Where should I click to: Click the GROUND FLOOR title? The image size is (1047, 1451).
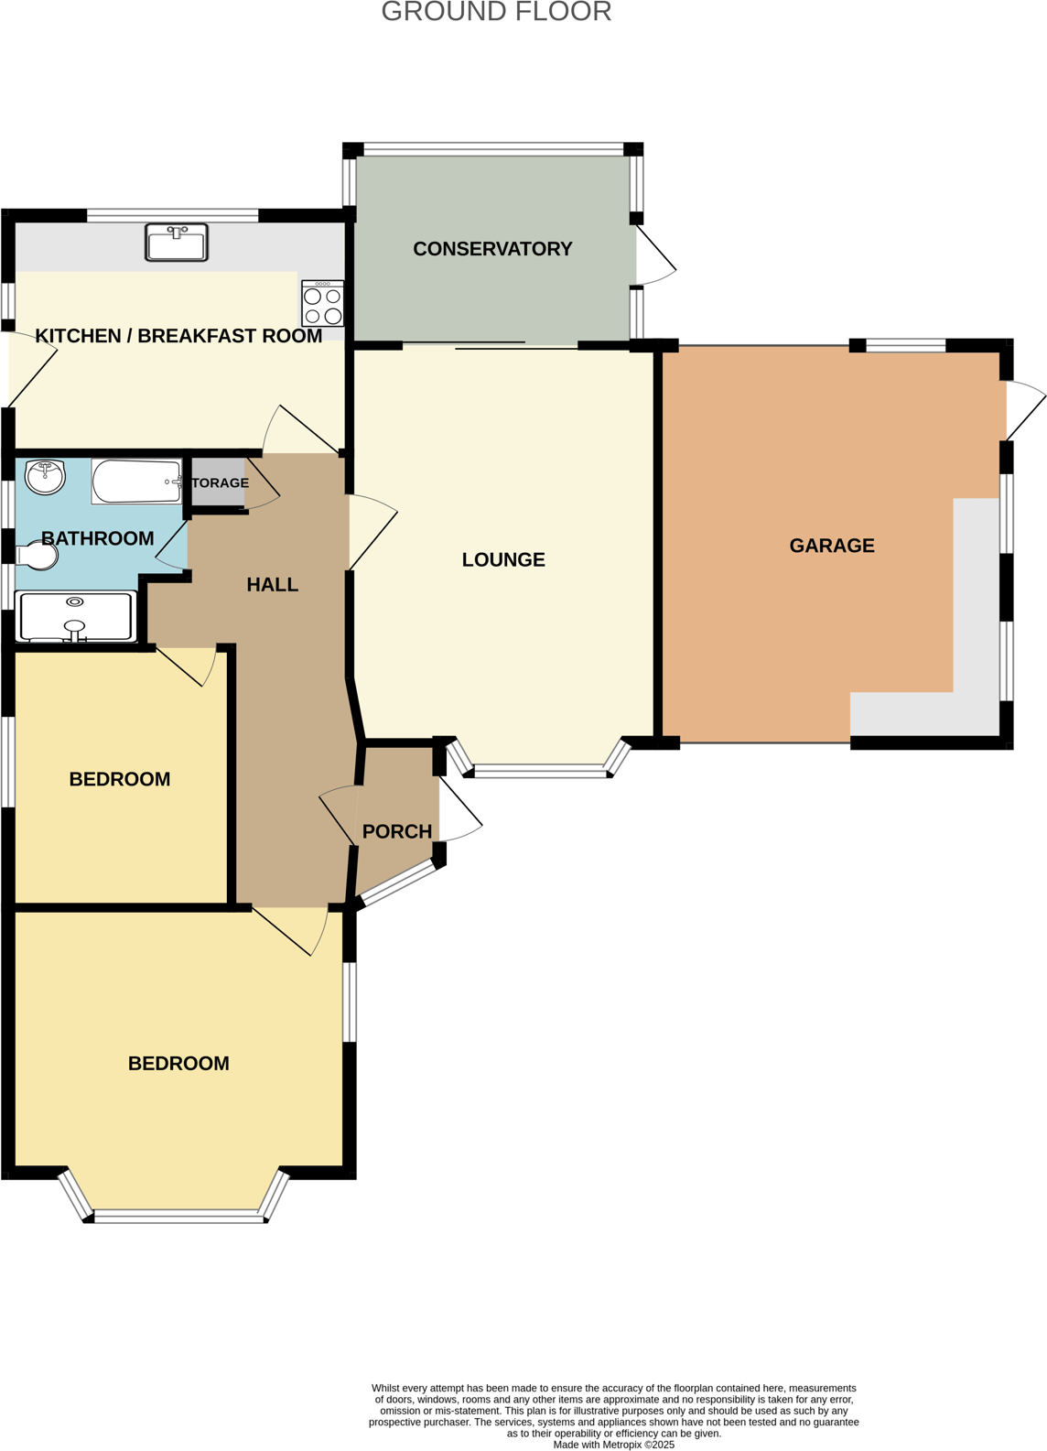tap(496, 12)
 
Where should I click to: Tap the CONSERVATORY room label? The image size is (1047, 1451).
tap(492, 249)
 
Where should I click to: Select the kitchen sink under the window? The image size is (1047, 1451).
tap(177, 243)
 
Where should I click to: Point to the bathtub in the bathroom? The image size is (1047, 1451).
tap(136, 482)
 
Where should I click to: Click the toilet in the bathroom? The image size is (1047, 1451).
tap(38, 556)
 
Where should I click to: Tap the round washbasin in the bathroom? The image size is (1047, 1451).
tap(45, 476)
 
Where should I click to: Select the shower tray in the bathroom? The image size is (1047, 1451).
tap(77, 616)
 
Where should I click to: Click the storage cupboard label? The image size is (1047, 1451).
tap(220, 482)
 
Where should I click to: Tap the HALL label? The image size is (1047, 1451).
tap(273, 585)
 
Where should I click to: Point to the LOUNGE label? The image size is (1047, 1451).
tap(503, 560)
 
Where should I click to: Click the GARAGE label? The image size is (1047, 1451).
tap(832, 547)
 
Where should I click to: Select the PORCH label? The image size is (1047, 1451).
tap(397, 832)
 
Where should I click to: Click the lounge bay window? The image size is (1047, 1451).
tap(540, 772)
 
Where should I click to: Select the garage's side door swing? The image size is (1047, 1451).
tap(1024, 409)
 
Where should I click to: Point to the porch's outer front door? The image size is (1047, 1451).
tap(459, 810)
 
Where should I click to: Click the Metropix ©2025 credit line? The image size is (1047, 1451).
tap(613, 1445)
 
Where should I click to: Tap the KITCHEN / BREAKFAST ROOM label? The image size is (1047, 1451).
tap(178, 337)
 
